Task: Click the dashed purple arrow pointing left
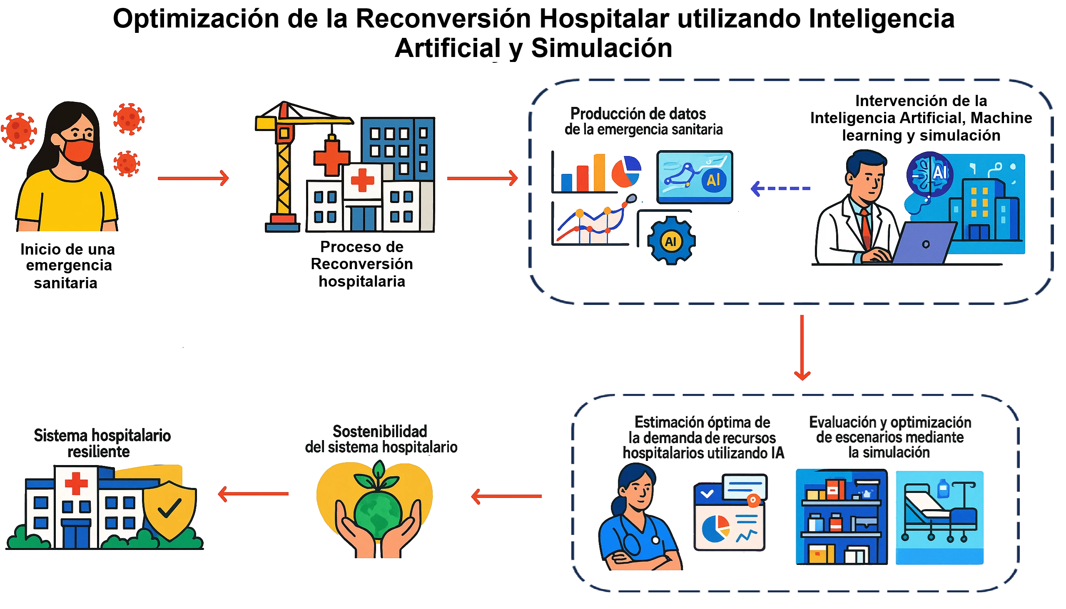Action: point(780,188)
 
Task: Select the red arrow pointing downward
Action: point(802,348)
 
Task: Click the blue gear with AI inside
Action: point(671,241)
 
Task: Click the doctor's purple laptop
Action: point(925,243)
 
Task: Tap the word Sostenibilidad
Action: point(380,431)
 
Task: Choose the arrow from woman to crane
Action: point(194,178)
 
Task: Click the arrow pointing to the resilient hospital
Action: point(253,493)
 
